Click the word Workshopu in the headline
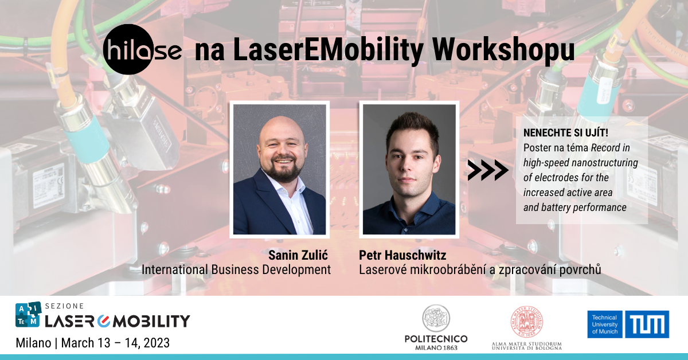tap(503, 50)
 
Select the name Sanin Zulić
tap(298, 255)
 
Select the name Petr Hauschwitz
tap(402, 255)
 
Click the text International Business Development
tap(236, 269)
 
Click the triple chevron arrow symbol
tap(488, 170)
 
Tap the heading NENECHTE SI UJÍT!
tap(566, 132)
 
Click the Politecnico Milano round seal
tap(436, 318)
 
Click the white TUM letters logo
tap(647, 324)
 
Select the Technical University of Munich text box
tap(605, 324)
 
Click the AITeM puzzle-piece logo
tap(28, 314)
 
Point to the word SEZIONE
tap(64, 306)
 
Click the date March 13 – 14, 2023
tap(115, 343)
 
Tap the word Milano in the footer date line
tap(33, 343)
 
